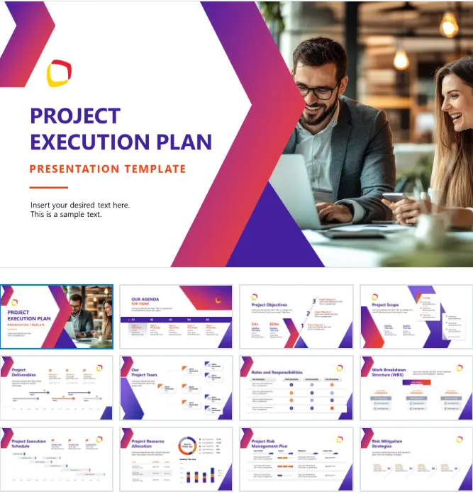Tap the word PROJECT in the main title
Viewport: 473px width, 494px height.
pos(75,116)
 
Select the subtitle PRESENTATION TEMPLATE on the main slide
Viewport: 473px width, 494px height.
pos(108,169)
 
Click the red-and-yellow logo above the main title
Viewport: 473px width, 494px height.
pos(59,73)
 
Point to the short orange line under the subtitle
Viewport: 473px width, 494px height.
pos(48,188)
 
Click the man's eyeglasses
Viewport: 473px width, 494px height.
pos(318,90)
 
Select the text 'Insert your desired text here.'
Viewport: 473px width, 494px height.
pos(80,205)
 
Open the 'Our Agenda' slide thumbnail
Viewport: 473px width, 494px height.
pos(176,317)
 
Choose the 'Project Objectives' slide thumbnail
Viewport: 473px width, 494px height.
pos(296,317)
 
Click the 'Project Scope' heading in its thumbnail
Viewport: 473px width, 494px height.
pos(385,305)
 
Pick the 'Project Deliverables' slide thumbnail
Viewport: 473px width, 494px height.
pos(56,388)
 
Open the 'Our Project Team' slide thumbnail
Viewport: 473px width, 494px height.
pos(176,388)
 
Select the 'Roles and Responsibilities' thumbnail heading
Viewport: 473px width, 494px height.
pos(277,372)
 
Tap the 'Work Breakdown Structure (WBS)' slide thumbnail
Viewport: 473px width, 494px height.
pos(417,388)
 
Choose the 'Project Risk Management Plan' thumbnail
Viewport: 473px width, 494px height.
pos(296,459)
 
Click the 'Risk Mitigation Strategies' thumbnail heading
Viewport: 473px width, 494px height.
pos(386,444)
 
